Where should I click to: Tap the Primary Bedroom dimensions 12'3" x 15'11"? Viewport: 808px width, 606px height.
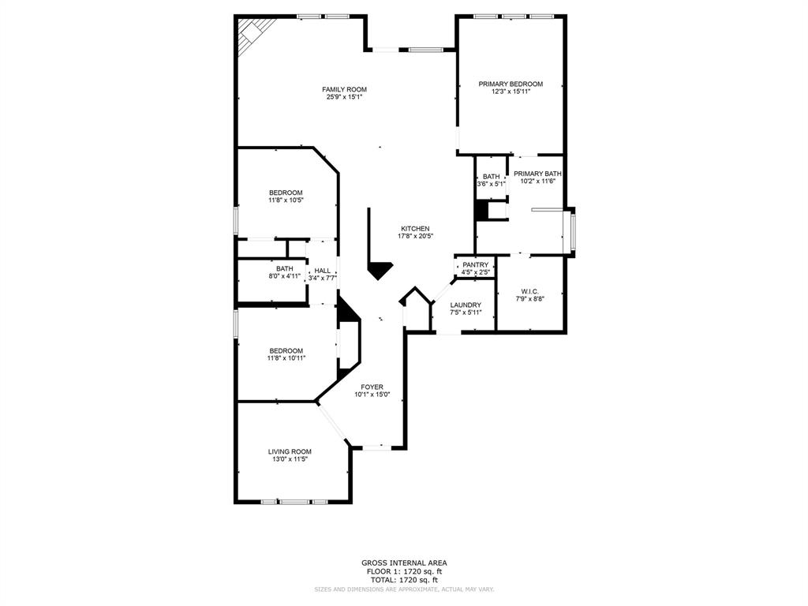(x=511, y=92)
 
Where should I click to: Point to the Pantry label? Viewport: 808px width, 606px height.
(x=475, y=264)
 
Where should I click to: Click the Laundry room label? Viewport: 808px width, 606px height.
(x=465, y=305)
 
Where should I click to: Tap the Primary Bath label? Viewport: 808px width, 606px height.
(x=537, y=174)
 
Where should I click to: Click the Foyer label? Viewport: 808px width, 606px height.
(x=372, y=387)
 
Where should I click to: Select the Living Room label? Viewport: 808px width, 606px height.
(x=290, y=451)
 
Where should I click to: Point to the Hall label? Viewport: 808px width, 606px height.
(x=322, y=270)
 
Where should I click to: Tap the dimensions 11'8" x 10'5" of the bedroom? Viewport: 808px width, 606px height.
(x=286, y=200)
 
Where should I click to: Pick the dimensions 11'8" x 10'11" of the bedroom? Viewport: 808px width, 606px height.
(x=286, y=358)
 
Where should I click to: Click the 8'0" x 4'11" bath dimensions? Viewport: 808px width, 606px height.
(x=284, y=276)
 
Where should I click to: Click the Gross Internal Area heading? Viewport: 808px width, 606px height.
(x=404, y=563)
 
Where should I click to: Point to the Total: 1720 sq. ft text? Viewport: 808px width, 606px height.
(x=404, y=579)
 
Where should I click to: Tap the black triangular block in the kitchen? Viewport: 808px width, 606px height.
(x=381, y=270)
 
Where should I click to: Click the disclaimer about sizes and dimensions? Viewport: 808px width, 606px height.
(x=404, y=589)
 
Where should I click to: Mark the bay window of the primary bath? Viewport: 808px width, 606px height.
(x=573, y=231)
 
